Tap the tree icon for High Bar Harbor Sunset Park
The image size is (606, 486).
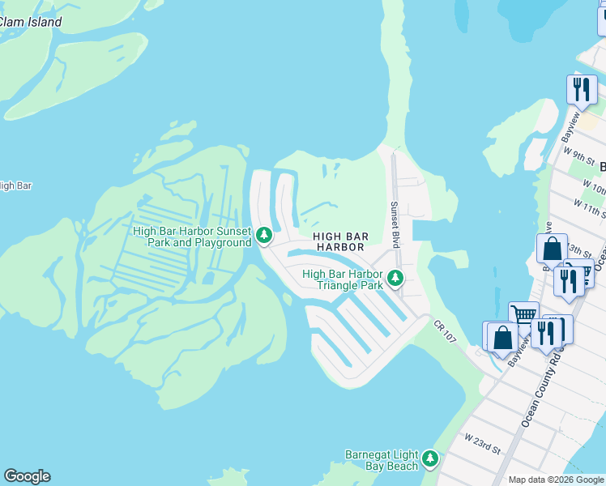click(x=263, y=235)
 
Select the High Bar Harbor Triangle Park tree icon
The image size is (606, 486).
click(x=395, y=278)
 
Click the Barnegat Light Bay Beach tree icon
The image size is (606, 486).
click(x=429, y=458)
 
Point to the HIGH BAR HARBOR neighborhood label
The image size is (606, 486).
click(x=341, y=241)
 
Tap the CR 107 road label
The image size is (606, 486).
click(x=446, y=334)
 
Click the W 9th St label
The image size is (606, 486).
click(x=579, y=151)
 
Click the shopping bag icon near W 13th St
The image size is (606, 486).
click(x=551, y=247)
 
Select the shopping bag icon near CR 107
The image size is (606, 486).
click(x=502, y=337)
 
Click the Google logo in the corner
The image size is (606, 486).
click(x=27, y=476)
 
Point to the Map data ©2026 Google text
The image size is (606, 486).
click(x=556, y=480)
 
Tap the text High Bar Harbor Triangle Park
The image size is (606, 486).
click(x=342, y=279)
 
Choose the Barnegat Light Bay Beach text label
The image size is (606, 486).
click(x=382, y=459)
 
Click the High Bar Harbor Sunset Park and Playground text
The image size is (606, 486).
click(x=192, y=237)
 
